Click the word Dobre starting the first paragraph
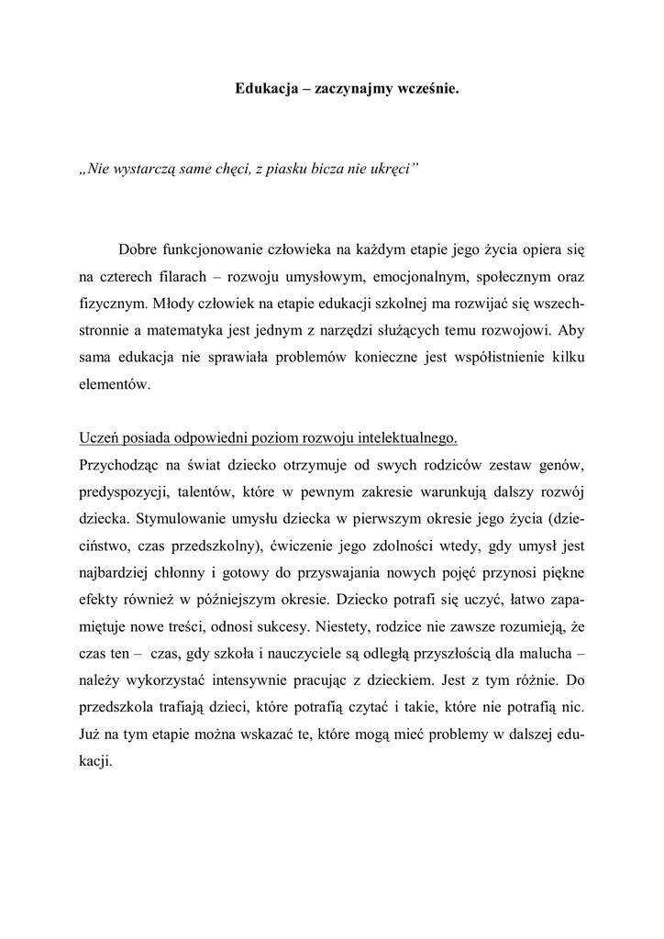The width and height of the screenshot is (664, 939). (x=137, y=249)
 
